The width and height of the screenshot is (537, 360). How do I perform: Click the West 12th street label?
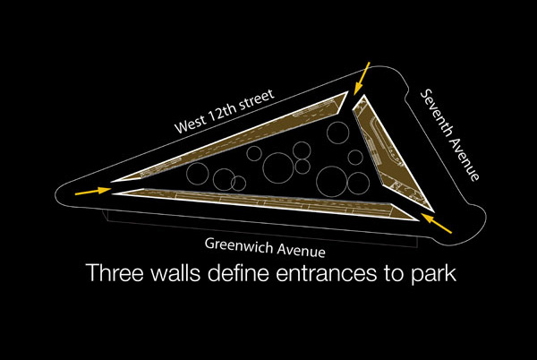tap(225, 111)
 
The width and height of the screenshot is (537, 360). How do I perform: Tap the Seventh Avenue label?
tap(450, 135)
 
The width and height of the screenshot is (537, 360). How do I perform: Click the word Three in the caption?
tap(115, 272)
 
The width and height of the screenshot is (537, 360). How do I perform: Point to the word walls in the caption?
tap(175, 272)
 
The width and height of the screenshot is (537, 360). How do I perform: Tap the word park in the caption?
tap(433, 275)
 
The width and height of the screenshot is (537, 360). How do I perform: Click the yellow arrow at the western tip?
tap(93, 191)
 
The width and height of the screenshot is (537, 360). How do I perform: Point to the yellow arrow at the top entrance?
tap(362, 78)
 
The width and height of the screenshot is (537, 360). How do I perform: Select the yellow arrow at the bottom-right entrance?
tap(437, 223)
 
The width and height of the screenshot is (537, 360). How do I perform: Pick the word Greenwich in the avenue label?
tap(239, 245)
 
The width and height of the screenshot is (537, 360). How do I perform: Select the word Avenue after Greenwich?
tap(302, 251)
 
